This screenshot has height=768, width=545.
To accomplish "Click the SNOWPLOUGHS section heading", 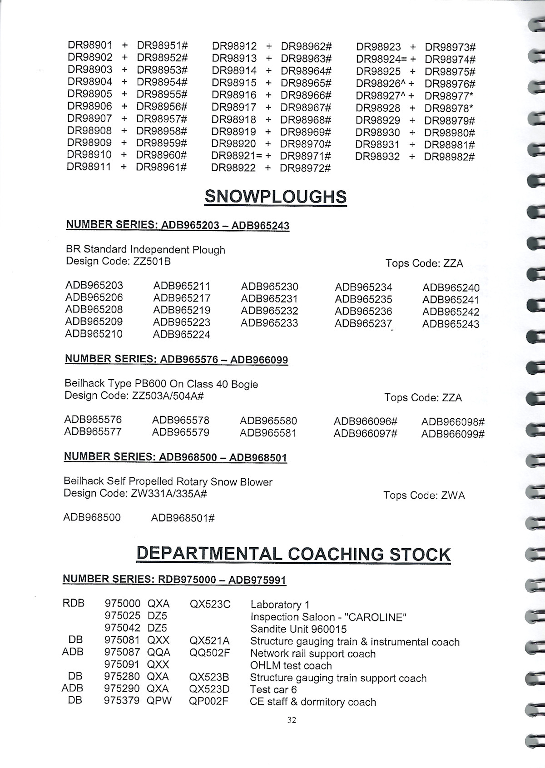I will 276,197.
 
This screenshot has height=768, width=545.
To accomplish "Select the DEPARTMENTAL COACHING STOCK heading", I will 293,554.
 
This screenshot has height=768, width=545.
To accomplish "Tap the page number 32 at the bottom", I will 292,719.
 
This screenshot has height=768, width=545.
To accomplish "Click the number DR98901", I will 89,45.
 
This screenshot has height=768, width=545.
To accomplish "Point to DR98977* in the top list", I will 449,96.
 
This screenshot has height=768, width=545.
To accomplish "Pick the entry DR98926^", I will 381,84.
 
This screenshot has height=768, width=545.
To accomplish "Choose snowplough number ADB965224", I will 182,335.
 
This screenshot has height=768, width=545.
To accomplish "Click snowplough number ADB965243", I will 451,324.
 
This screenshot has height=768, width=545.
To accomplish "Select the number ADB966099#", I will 453,434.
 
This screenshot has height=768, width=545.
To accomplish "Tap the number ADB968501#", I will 183,518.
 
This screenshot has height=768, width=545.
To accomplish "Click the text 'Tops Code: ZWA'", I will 424,495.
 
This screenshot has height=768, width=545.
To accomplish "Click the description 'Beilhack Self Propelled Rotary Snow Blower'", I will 168,481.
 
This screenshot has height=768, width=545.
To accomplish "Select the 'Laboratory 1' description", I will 280,604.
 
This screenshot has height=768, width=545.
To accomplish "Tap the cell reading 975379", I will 122,700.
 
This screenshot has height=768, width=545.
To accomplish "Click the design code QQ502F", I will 209,653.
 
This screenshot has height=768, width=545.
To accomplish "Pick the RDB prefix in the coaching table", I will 74,604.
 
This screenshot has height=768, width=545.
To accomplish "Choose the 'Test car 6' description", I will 273,689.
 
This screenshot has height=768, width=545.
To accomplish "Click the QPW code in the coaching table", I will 159,700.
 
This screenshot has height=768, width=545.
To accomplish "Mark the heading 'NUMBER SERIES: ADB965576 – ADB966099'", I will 176,359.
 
